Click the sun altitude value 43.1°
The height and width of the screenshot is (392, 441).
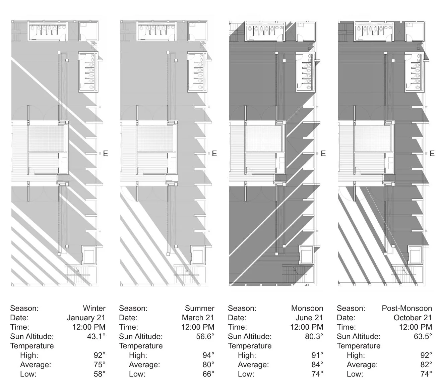click(96, 336)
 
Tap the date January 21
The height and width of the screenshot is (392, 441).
click(86, 318)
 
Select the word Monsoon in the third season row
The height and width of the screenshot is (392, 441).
click(307, 308)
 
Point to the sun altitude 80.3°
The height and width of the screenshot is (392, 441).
click(314, 336)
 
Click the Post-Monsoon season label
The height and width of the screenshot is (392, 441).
click(407, 308)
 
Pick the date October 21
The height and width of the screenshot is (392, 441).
click(413, 318)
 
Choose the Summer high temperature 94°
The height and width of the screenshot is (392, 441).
click(208, 355)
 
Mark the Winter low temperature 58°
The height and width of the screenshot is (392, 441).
click(99, 374)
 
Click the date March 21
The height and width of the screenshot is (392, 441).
click(198, 318)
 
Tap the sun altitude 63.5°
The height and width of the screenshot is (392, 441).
click(423, 336)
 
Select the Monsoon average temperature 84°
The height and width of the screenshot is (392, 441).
click(317, 365)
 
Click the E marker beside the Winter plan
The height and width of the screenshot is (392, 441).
click(105, 154)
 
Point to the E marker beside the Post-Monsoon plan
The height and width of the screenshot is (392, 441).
click(432, 154)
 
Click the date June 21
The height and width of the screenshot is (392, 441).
click(309, 318)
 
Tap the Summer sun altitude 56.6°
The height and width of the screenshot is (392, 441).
click(205, 336)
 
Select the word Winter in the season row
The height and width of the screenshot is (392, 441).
click(94, 308)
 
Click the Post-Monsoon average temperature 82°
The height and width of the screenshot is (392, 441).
click(426, 365)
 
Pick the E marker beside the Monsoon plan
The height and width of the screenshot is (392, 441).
click(323, 154)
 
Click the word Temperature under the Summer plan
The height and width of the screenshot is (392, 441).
click(141, 346)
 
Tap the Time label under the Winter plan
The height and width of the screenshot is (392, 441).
click(19, 327)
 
